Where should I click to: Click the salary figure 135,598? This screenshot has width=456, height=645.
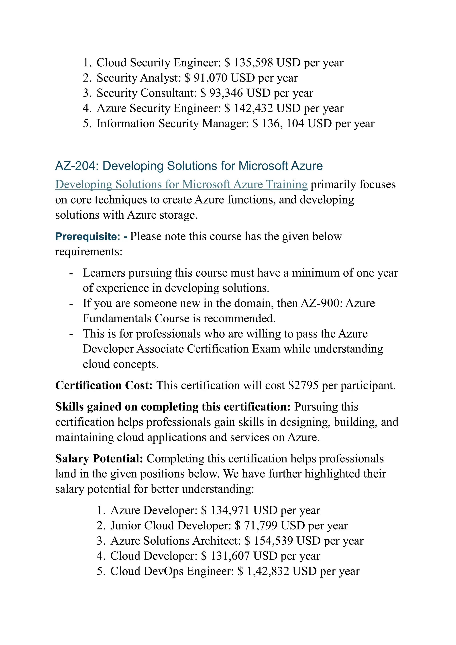tap(253, 63)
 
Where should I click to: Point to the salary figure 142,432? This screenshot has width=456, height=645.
tap(253, 108)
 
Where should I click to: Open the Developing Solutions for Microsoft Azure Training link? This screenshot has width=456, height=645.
tap(181, 185)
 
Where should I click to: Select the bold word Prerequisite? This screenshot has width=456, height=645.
tap(87, 236)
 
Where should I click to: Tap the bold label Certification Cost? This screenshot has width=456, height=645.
tap(104, 385)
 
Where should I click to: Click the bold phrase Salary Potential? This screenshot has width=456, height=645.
tap(99, 458)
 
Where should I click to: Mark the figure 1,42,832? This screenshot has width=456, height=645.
tap(268, 571)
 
